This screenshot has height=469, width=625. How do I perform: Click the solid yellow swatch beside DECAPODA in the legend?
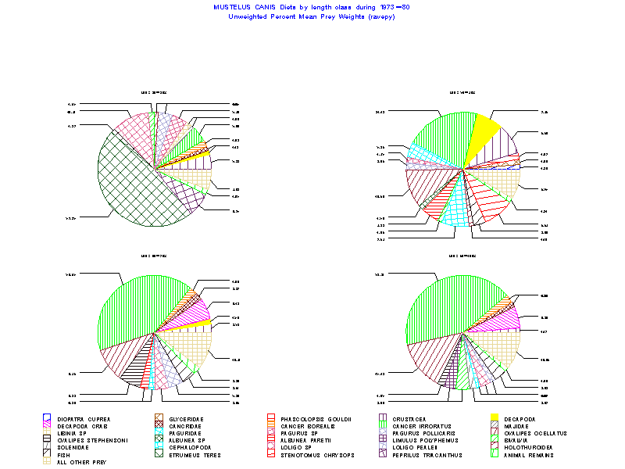pos(495,419)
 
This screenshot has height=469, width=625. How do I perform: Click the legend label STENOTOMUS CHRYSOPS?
pos(313,455)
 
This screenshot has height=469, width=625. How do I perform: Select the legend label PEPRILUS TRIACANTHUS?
pos(427,455)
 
